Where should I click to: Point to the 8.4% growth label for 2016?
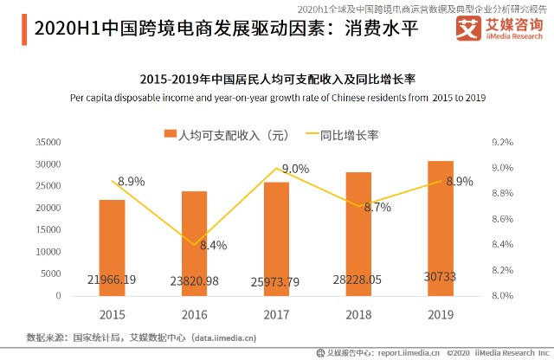pyautogui.click(x=213, y=245)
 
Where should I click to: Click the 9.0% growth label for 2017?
pyautogui.click(x=295, y=169)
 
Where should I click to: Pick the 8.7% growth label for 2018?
pyautogui.click(x=377, y=208)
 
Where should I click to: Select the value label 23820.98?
pyautogui.click(x=195, y=280)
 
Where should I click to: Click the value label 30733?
pyautogui.click(x=440, y=280)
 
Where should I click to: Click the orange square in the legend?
pyautogui.click(x=170, y=135)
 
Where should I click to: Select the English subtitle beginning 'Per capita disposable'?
pyautogui.click(x=277, y=98)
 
